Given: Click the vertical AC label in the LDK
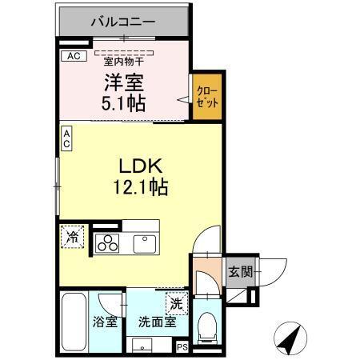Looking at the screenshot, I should (x=66, y=138).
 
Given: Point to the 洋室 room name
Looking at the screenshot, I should (x=122, y=81).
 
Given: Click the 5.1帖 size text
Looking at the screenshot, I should (x=122, y=102).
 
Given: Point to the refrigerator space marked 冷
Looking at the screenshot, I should (x=73, y=237).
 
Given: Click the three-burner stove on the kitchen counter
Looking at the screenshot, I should (x=107, y=243).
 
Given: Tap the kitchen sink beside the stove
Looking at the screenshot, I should (x=145, y=242).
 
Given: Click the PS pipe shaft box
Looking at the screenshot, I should (x=182, y=346).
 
